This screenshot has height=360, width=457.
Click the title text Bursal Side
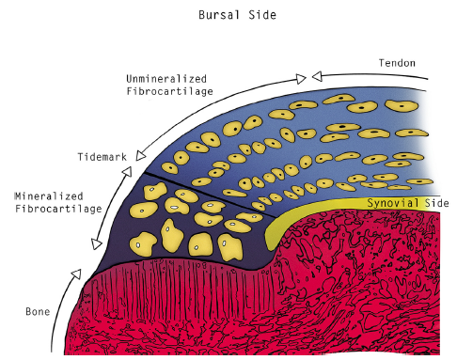(228, 16)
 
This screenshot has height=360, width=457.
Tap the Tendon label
(397, 64)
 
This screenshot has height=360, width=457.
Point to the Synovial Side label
(405, 204)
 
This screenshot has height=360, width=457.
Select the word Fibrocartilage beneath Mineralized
(53, 210)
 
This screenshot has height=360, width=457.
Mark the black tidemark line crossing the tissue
(202, 193)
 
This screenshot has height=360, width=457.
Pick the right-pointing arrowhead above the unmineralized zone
(301, 74)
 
